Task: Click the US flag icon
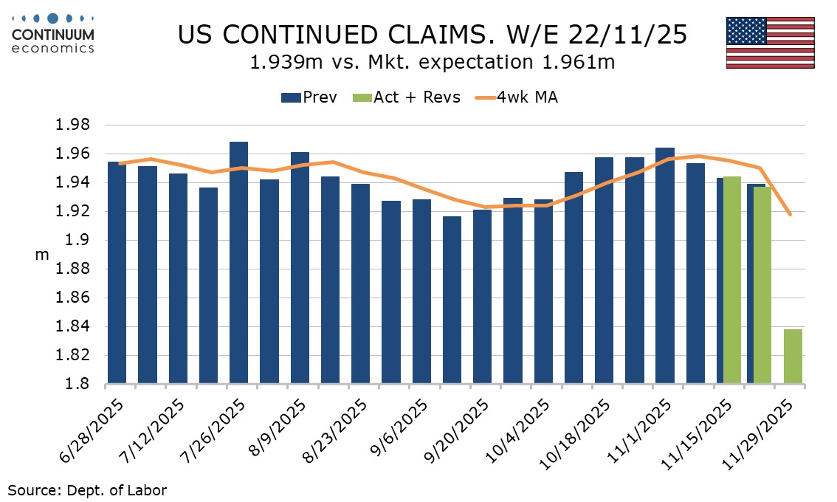point(770,42)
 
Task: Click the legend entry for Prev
point(309,97)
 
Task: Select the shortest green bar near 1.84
point(793,357)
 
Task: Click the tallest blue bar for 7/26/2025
point(238,262)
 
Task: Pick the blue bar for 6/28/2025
point(117,272)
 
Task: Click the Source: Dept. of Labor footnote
point(87,489)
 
